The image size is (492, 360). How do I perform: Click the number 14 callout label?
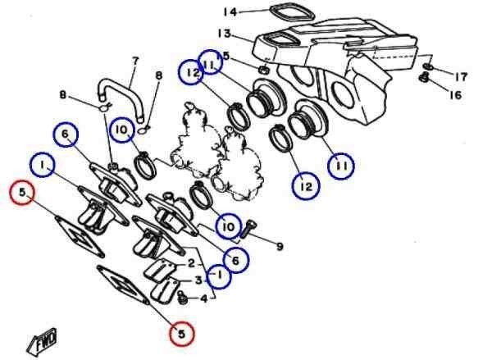(230, 12)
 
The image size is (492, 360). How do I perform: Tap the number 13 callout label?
(225, 34)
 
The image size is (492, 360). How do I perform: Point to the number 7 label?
(135, 61)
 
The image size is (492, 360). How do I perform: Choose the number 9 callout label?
(280, 247)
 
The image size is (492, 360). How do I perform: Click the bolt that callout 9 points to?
(248, 228)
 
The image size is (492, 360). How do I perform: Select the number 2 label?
(191, 263)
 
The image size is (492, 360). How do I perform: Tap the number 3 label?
(198, 280)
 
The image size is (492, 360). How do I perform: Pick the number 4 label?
(204, 298)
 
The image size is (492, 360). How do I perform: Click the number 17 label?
(461, 76)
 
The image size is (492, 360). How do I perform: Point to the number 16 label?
(456, 94)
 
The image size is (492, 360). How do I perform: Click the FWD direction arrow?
(42, 341)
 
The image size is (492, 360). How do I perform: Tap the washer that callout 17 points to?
(428, 66)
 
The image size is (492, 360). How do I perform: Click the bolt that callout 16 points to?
(424, 78)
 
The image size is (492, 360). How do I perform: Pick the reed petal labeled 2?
(160, 270)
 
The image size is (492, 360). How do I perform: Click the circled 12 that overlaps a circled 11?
(191, 72)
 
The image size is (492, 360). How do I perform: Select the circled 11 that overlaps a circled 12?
(210, 62)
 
